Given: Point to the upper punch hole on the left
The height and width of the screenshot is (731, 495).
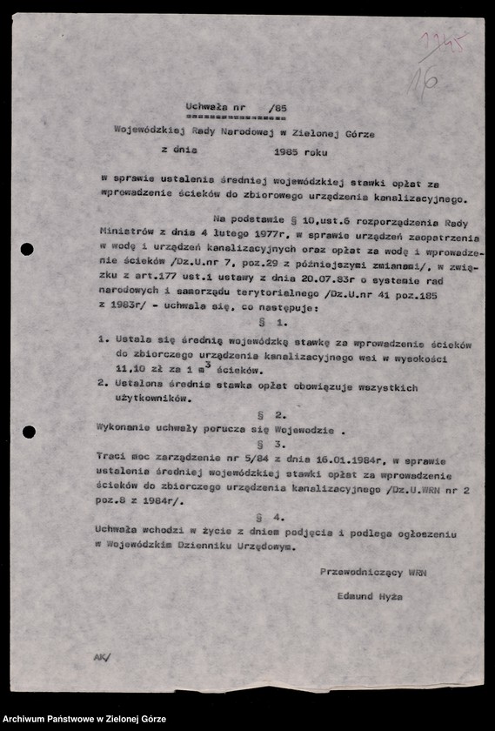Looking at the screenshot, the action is [x=27, y=249].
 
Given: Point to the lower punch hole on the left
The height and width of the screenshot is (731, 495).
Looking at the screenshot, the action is [x=29, y=432].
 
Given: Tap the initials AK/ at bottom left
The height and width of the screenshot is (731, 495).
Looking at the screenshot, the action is [x=103, y=658].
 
